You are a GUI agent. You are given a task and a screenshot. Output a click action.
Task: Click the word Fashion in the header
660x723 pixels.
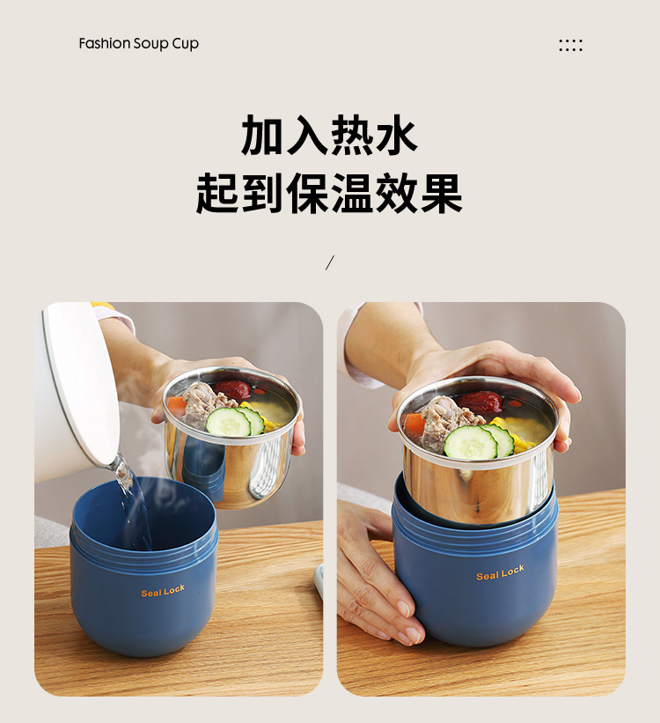104,44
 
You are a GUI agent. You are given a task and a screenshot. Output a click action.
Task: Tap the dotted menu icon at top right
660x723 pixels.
570,45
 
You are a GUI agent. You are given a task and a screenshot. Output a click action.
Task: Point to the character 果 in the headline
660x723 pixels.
441,193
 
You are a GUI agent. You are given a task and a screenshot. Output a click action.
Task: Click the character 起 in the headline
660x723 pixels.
218,193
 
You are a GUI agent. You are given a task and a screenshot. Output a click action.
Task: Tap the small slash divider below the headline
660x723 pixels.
330,262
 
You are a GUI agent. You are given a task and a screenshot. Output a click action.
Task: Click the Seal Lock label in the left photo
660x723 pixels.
163,591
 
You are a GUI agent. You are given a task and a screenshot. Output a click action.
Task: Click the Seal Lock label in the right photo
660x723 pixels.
500,573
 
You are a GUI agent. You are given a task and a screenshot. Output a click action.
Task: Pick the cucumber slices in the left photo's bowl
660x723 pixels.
234,422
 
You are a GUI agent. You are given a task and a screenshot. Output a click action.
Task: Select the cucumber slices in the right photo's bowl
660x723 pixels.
476,442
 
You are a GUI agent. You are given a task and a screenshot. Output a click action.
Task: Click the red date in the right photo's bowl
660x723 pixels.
480,402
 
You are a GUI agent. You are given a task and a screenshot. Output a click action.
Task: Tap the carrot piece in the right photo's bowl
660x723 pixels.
414,424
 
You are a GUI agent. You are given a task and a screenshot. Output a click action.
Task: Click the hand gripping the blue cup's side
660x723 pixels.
374,572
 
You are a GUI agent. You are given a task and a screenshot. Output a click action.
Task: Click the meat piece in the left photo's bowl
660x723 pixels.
202,402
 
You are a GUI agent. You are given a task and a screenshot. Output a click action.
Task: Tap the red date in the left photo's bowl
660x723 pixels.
232,388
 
